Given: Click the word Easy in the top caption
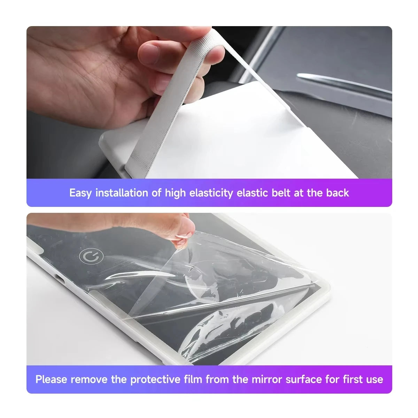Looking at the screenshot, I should click(80, 193).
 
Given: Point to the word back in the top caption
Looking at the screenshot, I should click(338, 193).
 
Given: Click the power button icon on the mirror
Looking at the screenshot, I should click(91, 256).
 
